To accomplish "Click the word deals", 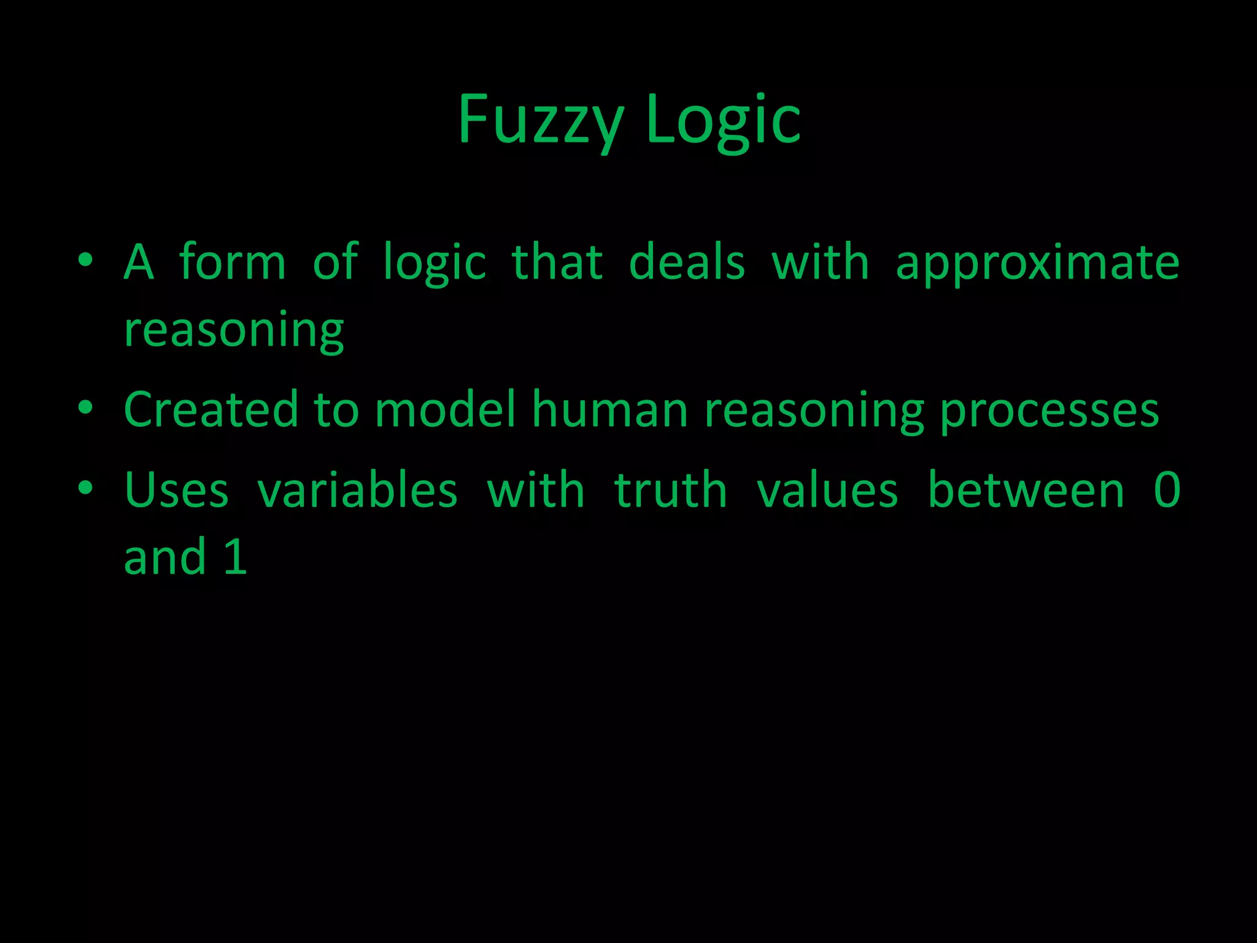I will [687, 263].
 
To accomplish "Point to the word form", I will [233, 263].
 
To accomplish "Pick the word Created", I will [211, 409].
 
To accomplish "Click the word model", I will [446, 409].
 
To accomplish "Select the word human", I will [610, 409].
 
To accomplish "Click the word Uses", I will [176, 491].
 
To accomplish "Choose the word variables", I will [357, 491].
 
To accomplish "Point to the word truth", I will [670, 491].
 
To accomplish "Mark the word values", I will [827, 491].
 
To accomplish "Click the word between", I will [1026, 491].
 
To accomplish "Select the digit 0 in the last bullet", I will [1167, 491].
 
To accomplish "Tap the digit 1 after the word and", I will [236, 557].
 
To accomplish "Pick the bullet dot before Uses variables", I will [85, 488].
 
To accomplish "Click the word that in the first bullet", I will [557, 263].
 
